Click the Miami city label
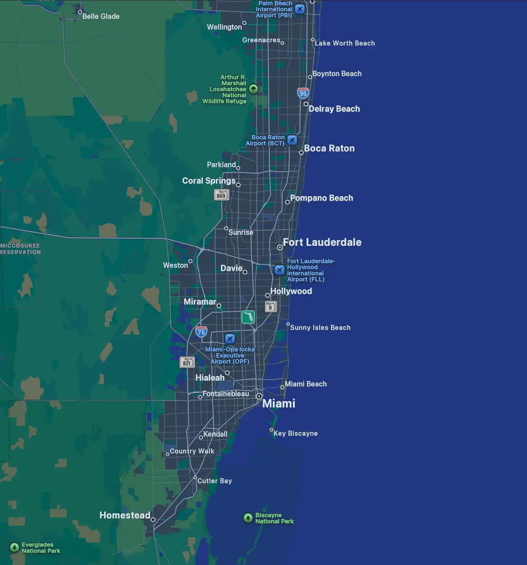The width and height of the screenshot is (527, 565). click(278, 403)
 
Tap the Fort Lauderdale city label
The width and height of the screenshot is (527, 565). click(322, 242)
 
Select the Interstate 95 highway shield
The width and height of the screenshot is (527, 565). click(303, 93)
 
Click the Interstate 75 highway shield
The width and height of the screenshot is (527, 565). click(201, 331)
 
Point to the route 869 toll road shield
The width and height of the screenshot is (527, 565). click(221, 195)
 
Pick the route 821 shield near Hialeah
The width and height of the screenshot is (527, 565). click(187, 362)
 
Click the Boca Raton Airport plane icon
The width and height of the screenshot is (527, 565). click(292, 140)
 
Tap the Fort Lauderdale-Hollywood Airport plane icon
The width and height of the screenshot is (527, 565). click(280, 270)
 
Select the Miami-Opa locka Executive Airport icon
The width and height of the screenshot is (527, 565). click(230, 338)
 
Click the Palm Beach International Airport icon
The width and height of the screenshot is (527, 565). click(300, 9)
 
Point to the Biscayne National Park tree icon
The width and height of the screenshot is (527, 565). click(248, 518)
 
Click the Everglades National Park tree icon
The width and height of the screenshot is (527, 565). click(15, 548)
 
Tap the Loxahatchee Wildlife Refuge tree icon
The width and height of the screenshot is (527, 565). click(253, 89)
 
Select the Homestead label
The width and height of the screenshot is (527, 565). click(125, 515)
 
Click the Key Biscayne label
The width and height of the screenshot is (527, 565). click(296, 433)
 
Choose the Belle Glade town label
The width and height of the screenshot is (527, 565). click(101, 16)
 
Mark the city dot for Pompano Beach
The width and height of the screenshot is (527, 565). click(288, 202)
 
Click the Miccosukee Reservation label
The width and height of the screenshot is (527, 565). click(20, 249)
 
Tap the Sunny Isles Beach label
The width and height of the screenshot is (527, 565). click(320, 328)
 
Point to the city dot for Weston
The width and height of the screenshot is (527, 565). click(190, 261)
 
